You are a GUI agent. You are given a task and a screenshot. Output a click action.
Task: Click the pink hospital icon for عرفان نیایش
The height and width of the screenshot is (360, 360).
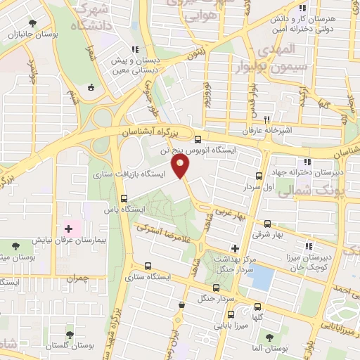tap(68, 228)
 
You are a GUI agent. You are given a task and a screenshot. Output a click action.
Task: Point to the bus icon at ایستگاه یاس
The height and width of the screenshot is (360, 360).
tap(124, 198)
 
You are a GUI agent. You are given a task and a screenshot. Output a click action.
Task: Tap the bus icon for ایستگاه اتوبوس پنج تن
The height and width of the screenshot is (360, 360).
tap(198, 139)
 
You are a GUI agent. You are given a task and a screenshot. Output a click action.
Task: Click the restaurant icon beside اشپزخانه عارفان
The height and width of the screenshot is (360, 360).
tap(266, 120)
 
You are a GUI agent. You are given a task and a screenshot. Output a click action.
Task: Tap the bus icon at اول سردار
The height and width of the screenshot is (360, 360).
tap(259, 176)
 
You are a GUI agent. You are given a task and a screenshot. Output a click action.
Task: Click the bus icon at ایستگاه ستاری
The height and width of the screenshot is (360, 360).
tap(148, 266)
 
